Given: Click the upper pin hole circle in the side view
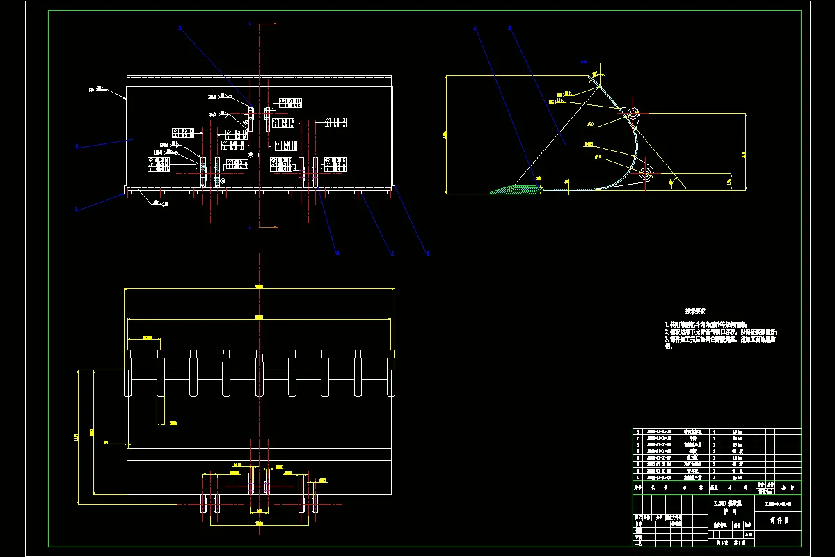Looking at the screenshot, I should (x=632, y=113).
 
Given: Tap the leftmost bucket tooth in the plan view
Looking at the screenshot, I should (x=127, y=372).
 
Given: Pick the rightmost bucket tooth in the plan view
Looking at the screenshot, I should (x=390, y=372).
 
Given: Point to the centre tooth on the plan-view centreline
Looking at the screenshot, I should (x=259, y=372).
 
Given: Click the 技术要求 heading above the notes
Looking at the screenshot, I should (x=696, y=313).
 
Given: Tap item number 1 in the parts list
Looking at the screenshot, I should (x=638, y=478).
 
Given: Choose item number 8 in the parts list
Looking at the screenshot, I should (x=638, y=432).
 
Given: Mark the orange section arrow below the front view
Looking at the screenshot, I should (x=250, y=227).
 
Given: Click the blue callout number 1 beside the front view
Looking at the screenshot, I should (x=77, y=208).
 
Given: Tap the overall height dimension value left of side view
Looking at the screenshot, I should (x=444, y=134).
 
